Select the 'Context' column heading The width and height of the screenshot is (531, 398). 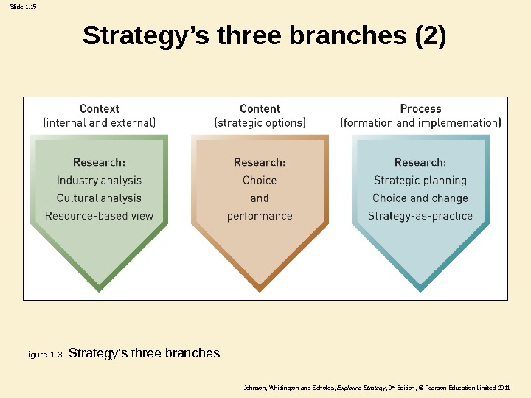(x=100, y=108)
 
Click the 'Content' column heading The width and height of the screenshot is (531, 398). (x=260, y=108)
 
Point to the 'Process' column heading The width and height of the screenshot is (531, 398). (x=420, y=108)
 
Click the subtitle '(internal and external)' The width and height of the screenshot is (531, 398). (x=100, y=123)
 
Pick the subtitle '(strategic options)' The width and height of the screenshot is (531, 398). (x=260, y=123)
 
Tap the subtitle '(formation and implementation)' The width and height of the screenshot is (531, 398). (x=420, y=123)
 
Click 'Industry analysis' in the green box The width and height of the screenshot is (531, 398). (x=99, y=180)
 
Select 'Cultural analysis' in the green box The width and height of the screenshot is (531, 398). (x=99, y=198)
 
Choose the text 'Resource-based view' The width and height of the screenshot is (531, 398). (x=99, y=216)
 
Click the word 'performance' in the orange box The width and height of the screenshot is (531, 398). (x=260, y=216)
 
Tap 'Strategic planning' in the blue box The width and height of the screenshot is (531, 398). (x=420, y=180)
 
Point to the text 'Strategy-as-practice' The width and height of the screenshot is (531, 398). (x=420, y=216)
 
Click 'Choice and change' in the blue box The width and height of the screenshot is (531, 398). (x=420, y=198)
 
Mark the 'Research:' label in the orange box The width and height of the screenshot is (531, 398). (x=260, y=162)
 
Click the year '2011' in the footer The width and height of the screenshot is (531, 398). (x=503, y=388)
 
